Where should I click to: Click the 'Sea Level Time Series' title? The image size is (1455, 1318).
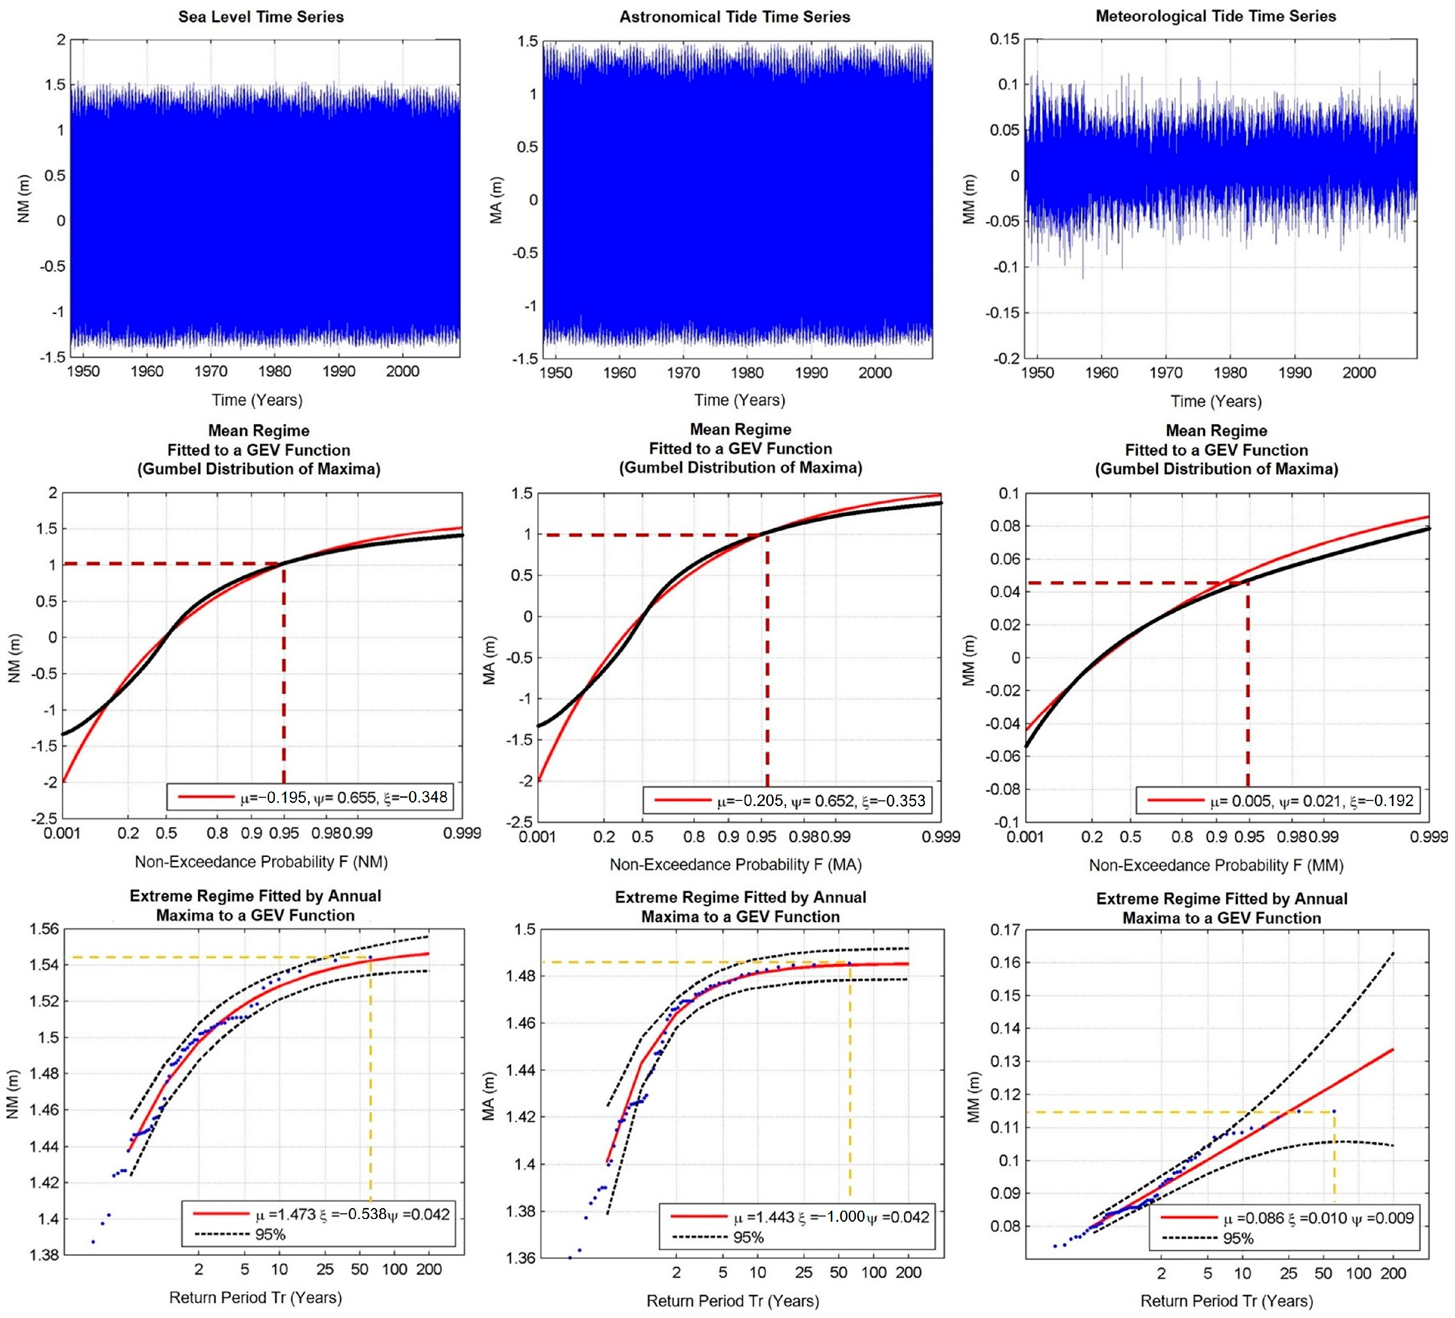[261, 17]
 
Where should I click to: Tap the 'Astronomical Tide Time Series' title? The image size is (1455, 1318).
[735, 17]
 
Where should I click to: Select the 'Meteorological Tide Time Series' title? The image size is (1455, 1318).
[1216, 16]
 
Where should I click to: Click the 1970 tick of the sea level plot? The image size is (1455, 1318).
[211, 371]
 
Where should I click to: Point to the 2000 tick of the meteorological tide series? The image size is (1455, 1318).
[1359, 373]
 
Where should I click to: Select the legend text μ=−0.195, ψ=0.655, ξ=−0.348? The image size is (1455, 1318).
[344, 797]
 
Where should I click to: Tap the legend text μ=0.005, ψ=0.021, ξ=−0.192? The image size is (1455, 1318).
[1311, 801]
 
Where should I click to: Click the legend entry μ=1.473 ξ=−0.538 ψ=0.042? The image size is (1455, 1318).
[353, 1214]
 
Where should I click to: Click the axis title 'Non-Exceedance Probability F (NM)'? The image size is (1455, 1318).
[261, 861]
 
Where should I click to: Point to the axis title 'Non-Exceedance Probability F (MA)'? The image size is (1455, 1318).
[735, 864]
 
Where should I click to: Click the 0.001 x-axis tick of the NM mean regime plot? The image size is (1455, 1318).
[63, 833]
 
